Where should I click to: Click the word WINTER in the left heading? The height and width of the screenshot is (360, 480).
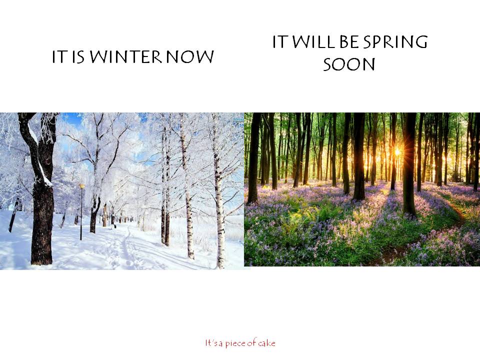click(125, 56)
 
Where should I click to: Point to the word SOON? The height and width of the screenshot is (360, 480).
click(349, 64)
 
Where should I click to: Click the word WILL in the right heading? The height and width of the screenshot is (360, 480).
click(312, 41)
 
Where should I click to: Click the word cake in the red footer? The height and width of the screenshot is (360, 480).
click(266, 343)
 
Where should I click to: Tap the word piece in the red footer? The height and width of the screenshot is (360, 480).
click(235, 343)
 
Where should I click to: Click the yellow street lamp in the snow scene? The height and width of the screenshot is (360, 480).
click(81, 211)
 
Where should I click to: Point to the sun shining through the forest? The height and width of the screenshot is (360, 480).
click(397, 151)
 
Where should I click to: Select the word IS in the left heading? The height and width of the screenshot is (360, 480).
click(78, 57)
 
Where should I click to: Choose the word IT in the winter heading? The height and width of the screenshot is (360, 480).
click(59, 57)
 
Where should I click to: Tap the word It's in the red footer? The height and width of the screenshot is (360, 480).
click(211, 343)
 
